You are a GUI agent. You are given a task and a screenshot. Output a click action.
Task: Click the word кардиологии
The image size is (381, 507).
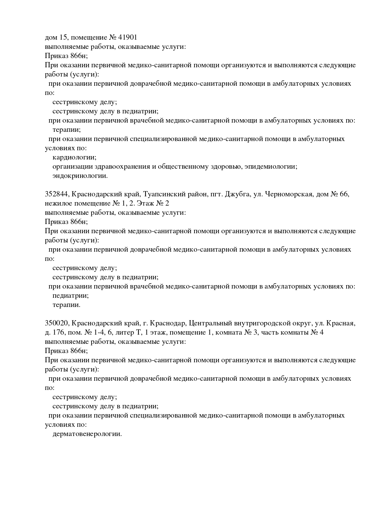[x=74, y=157]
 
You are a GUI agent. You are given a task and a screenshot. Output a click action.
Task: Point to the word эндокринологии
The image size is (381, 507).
[x=80, y=176]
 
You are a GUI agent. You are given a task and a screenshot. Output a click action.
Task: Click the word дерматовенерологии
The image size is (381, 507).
[x=87, y=434]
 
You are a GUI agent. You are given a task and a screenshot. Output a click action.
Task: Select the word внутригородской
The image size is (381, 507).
[x=263, y=323]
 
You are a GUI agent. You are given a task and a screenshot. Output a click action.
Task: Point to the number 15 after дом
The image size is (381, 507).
[x=62, y=37]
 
